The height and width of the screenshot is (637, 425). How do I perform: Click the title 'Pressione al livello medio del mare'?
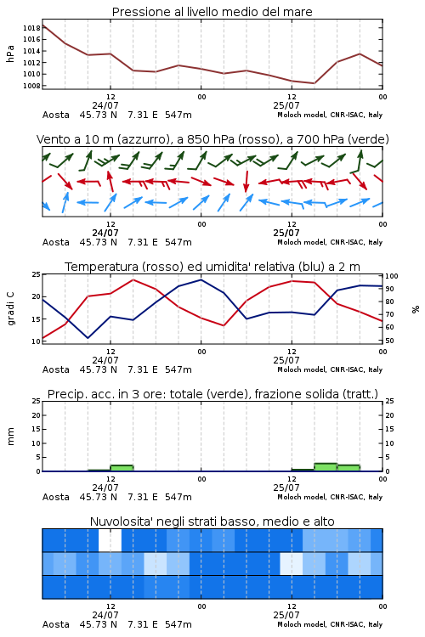tap(212, 12)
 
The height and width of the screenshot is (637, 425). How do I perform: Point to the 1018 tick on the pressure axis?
tap(31, 28)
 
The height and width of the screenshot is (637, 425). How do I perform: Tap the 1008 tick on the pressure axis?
tap(31, 86)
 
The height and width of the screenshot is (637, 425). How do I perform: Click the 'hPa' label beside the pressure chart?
tap(10, 54)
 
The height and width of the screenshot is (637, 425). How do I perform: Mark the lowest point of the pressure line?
tap(314, 83)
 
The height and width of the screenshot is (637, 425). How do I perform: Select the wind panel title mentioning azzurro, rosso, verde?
tap(212, 139)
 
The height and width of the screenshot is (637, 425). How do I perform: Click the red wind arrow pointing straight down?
tap(246, 181)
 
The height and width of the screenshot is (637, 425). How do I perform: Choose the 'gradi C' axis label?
tap(10, 308)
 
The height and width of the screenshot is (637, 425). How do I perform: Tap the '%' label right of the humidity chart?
tap(416, 309)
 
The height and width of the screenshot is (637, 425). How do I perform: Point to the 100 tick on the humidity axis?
tap(392, 276)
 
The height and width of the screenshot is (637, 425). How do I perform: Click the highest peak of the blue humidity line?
tap(201, 279)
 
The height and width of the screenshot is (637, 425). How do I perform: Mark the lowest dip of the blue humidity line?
tap(88, 338)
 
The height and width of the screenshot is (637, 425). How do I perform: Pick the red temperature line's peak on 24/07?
tap(133, 279)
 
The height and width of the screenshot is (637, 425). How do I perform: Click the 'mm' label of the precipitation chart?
tap(10, 437)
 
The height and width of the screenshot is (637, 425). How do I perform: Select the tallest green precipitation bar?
tap(326, 467)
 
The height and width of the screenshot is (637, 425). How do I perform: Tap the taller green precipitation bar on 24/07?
tap(122, 468)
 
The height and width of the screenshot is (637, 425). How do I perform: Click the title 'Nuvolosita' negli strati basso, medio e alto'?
tap(212, 521)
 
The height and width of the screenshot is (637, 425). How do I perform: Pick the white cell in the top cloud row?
tap(110, 540)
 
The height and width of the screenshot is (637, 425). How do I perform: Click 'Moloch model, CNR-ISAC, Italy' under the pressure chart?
tap(330, 115)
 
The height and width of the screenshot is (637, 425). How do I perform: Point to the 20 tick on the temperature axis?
tap(37, 296)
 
